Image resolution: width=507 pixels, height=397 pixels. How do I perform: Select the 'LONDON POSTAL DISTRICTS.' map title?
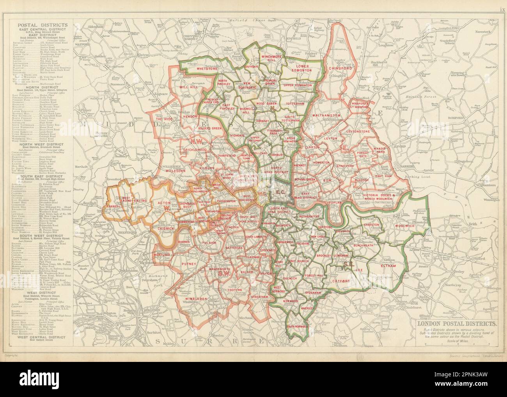(x=457, y=323)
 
